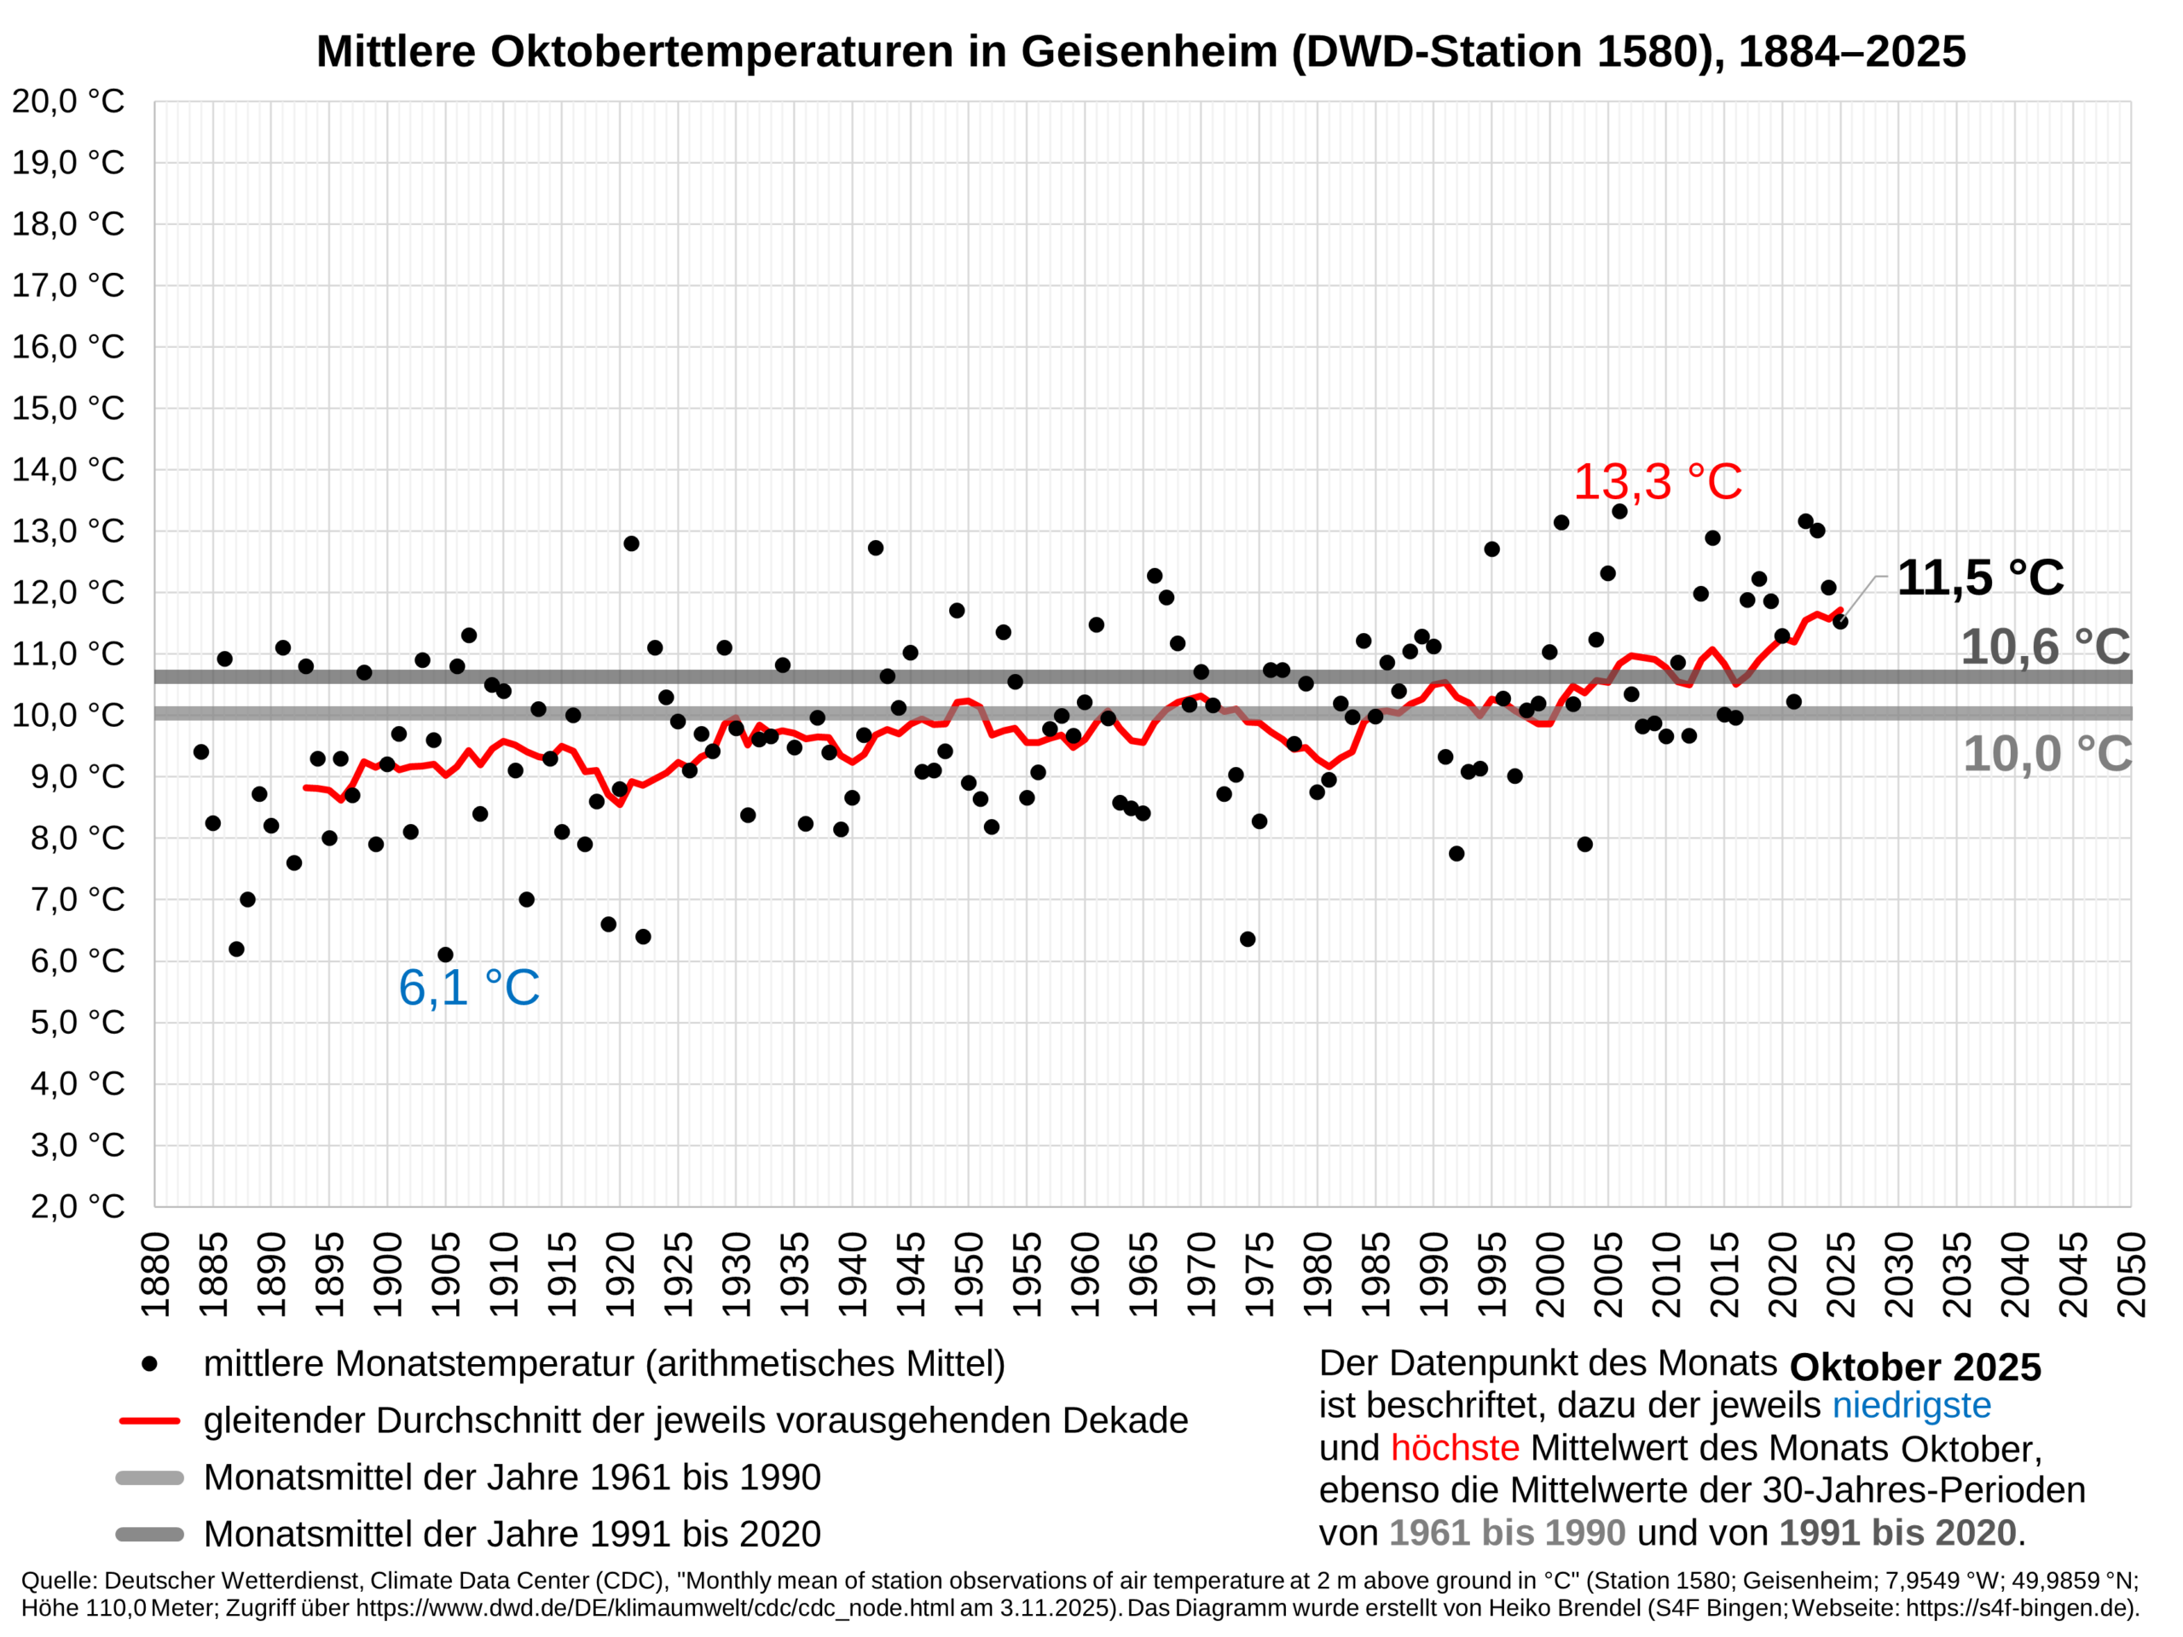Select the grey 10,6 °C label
pos(2045,647)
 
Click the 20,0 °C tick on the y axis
pos(68,102)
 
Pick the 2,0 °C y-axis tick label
pos(77,1206)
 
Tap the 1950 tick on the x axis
pos(969,1274)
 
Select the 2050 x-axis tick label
pos(2131,1274)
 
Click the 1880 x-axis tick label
pos(156,1274)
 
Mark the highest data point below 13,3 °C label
pos(1619,512)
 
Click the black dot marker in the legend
pos(149,1363)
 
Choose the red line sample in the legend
pos(149,1421)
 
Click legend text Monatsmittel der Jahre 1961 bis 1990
pos(511,1478)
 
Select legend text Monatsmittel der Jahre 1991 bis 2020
pos(511,1535)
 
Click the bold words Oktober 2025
pos(1914,1367)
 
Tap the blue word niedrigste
pos(1911,1405)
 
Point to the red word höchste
pos(1454,1448)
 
